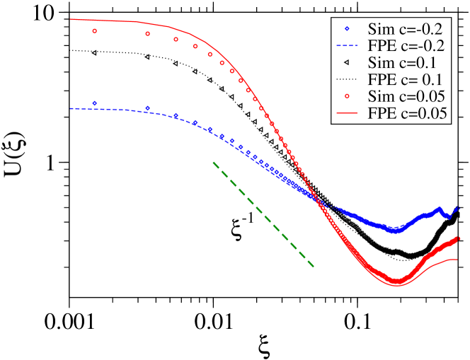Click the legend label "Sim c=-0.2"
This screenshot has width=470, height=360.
coord(406,30)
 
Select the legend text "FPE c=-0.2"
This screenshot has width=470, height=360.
coord(406,46)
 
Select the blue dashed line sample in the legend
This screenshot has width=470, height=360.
coord(347,46)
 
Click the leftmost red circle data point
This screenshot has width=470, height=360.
coord(95,31)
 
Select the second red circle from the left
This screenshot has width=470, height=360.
coord(147,34)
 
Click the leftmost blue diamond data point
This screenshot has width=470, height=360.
coord(95,103)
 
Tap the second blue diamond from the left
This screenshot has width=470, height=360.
coord(147,108)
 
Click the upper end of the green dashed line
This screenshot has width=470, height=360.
coord(212,162)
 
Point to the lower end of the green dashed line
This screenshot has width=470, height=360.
coord(314,267)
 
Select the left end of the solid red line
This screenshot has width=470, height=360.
coord(70,19)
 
